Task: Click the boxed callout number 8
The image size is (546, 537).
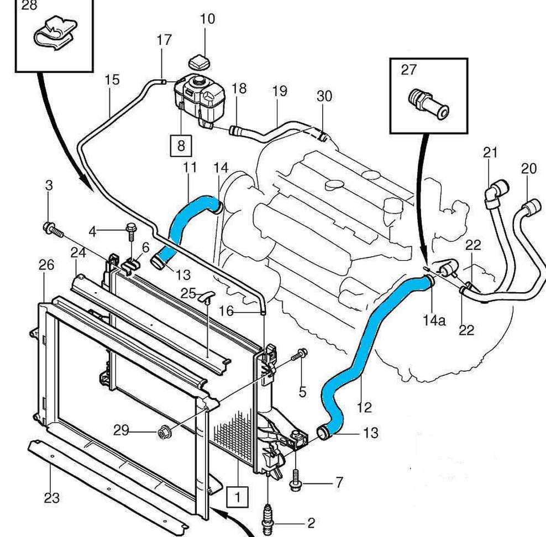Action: [181, 146]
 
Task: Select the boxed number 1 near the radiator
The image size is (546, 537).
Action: [238, 496]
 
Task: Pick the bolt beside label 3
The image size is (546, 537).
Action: [51, 228]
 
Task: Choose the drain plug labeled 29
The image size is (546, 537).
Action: [164, 432]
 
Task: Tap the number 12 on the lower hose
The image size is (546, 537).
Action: [364, 408]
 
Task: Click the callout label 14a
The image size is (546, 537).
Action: [434, 320]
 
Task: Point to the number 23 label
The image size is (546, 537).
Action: [51, 498]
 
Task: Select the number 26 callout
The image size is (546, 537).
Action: [47, 265]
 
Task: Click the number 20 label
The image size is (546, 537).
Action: [529, 169]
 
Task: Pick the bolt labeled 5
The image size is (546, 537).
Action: [302, 354]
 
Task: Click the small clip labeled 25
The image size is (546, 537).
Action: [206, 297]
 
